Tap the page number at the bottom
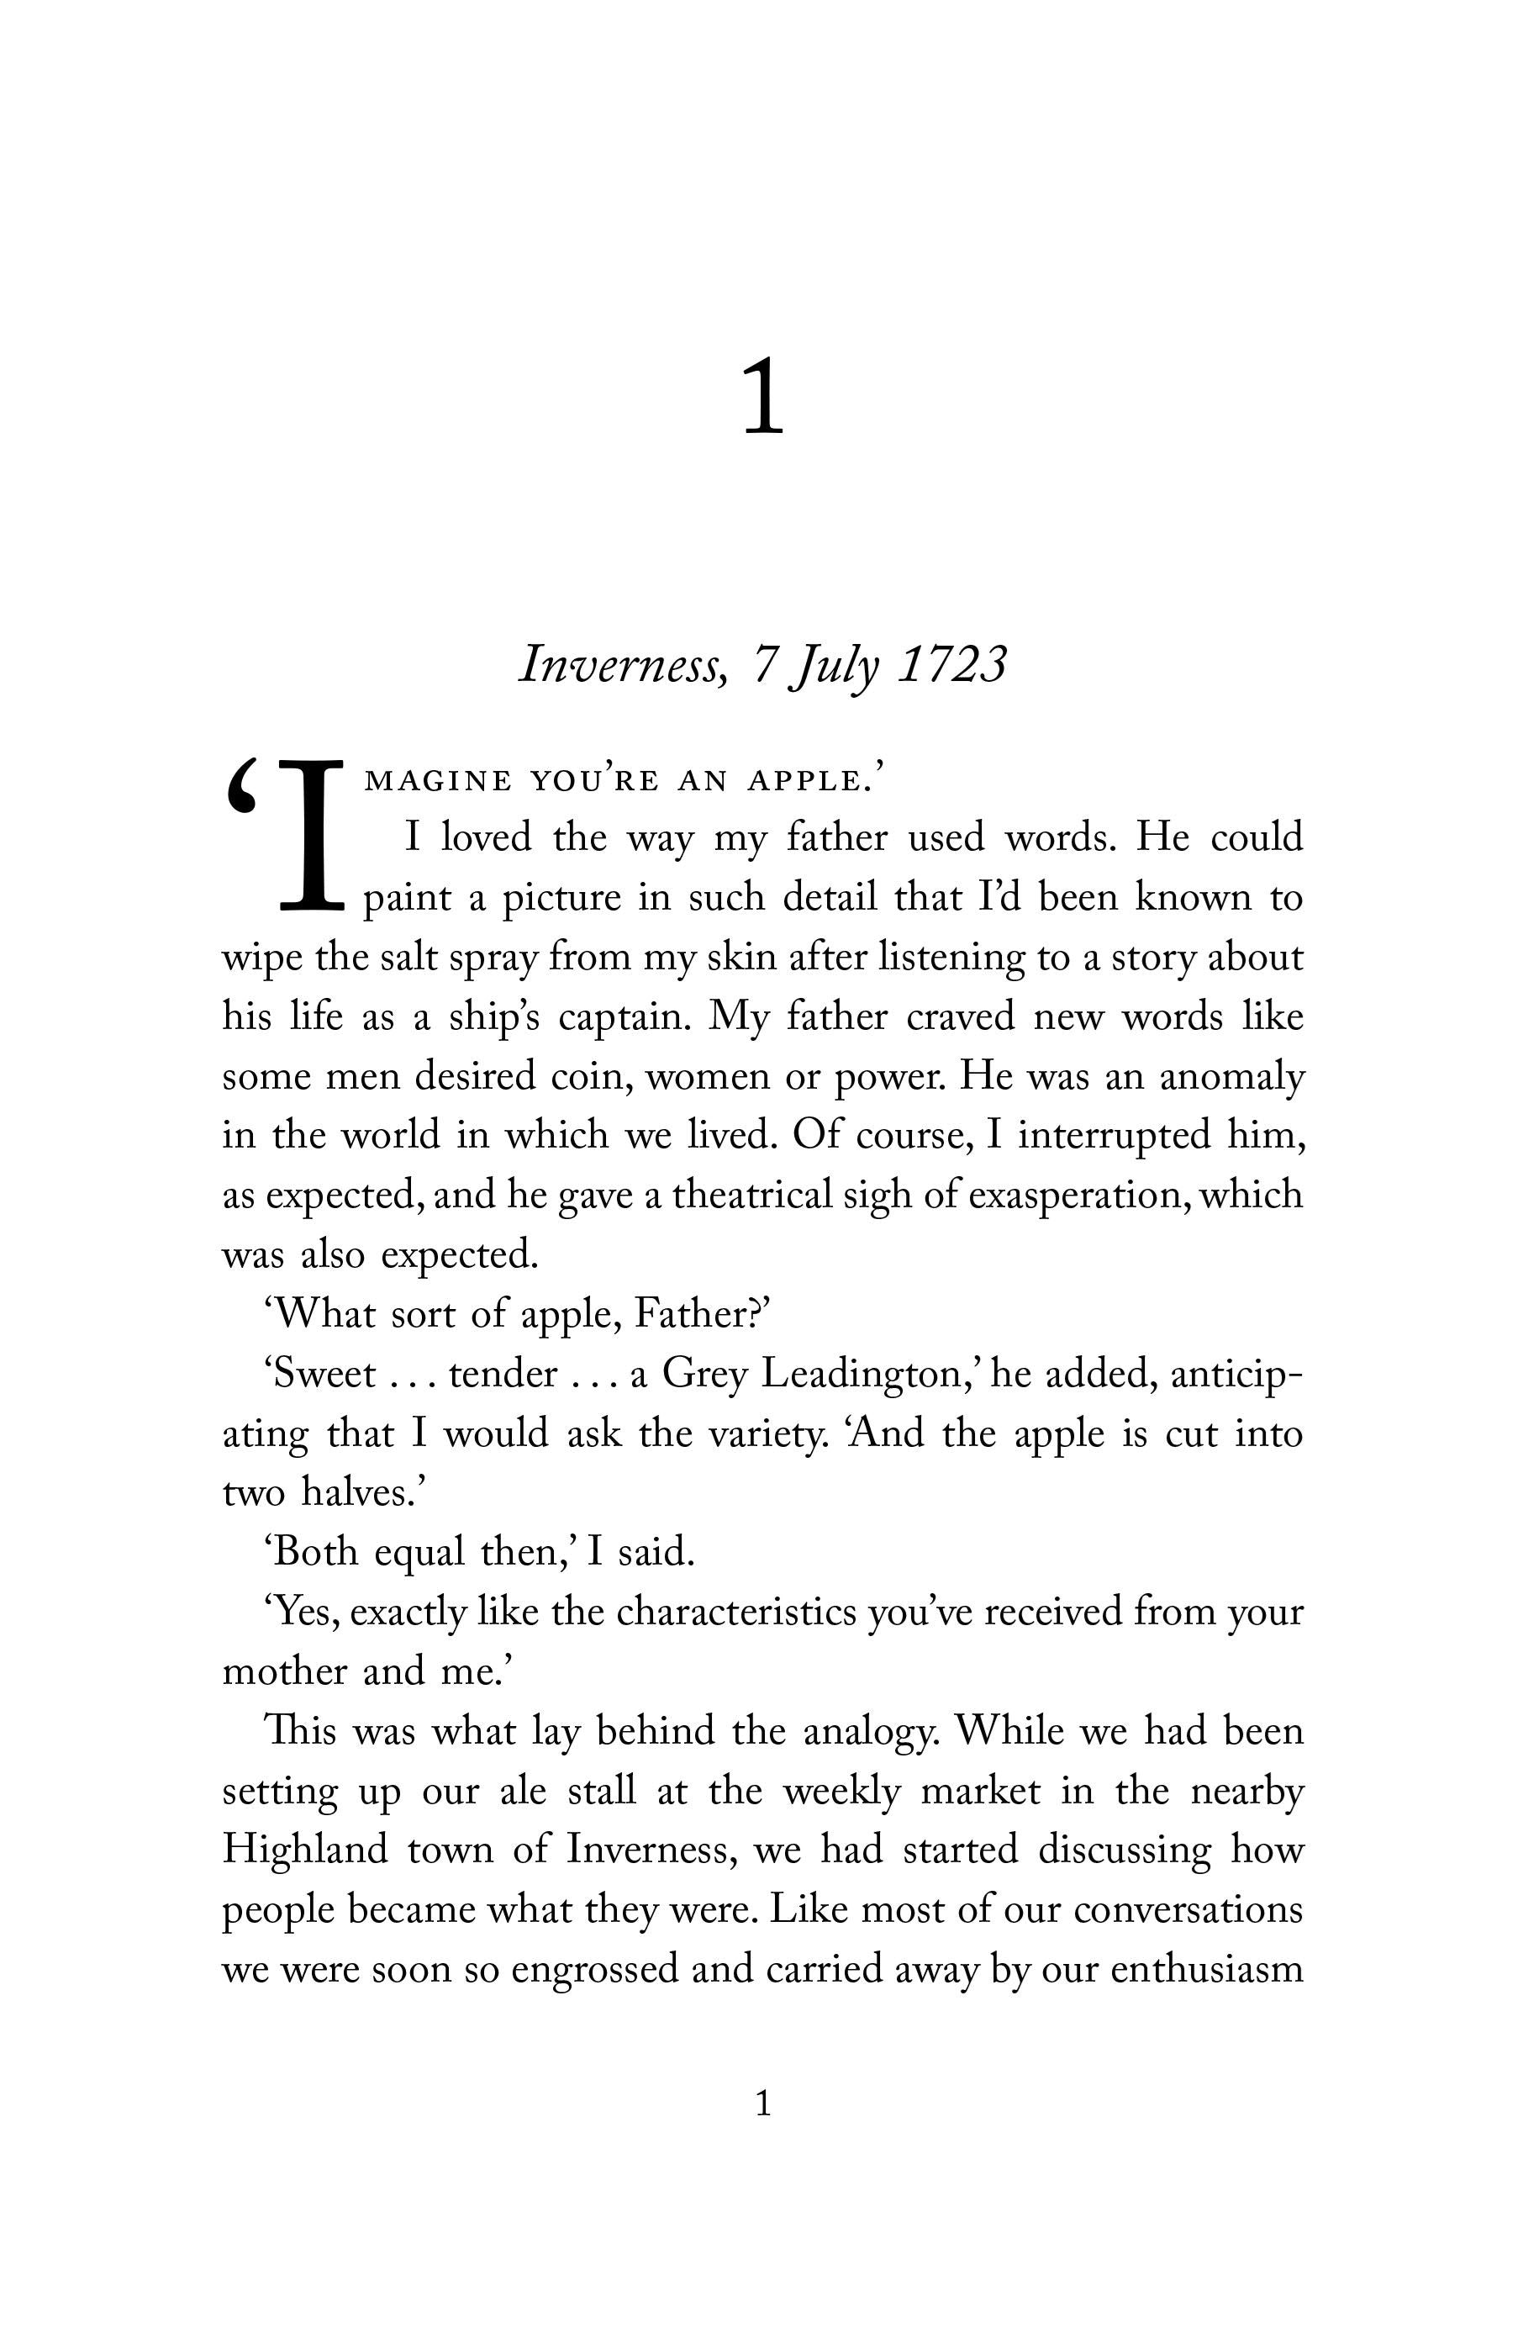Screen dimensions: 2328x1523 click(x=764, y=2103)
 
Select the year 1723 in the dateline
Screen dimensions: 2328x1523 click(x=951, y=666)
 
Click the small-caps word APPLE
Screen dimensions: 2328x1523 click(x=806, y=782)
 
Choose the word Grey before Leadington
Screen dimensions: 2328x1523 click(x=705, y=1375)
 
